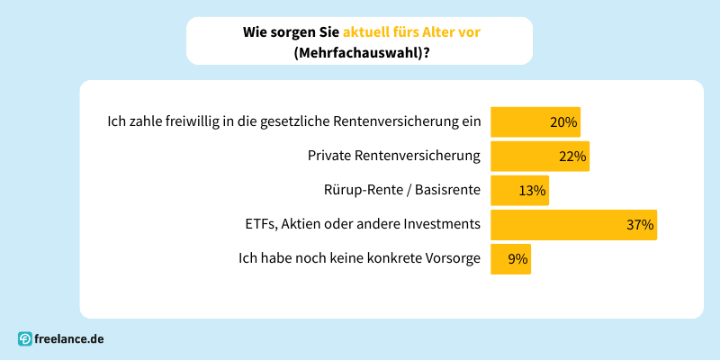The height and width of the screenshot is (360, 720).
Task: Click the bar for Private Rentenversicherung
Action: tap(538, 156)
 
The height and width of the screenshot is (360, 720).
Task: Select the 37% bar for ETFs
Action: tap(572, 224)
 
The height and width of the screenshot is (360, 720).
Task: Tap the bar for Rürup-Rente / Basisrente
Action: tap(518, 190)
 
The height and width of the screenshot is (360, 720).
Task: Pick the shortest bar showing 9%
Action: tap(509, 259)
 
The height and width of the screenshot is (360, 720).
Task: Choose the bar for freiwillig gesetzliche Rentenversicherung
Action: tap(535, 121)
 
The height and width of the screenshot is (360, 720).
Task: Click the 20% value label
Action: tap(562, 121)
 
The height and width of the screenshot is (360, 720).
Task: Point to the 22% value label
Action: tap(572, 156)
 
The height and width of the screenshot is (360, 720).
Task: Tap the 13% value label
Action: tap(532, 190)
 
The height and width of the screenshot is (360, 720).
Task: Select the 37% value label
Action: tap(640, 224)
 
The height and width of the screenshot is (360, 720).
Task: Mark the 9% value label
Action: tap(517, 259)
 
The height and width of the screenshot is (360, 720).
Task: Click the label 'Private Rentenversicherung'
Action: tap(394, 156)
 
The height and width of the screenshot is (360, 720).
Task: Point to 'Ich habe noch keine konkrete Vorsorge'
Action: tap(359, 259)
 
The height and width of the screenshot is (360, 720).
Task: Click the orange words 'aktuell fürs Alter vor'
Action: tap(410, 31)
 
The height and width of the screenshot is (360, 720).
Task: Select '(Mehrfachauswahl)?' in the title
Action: tap(360, 52)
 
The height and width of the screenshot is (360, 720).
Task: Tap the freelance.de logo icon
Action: tap(25, 339)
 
